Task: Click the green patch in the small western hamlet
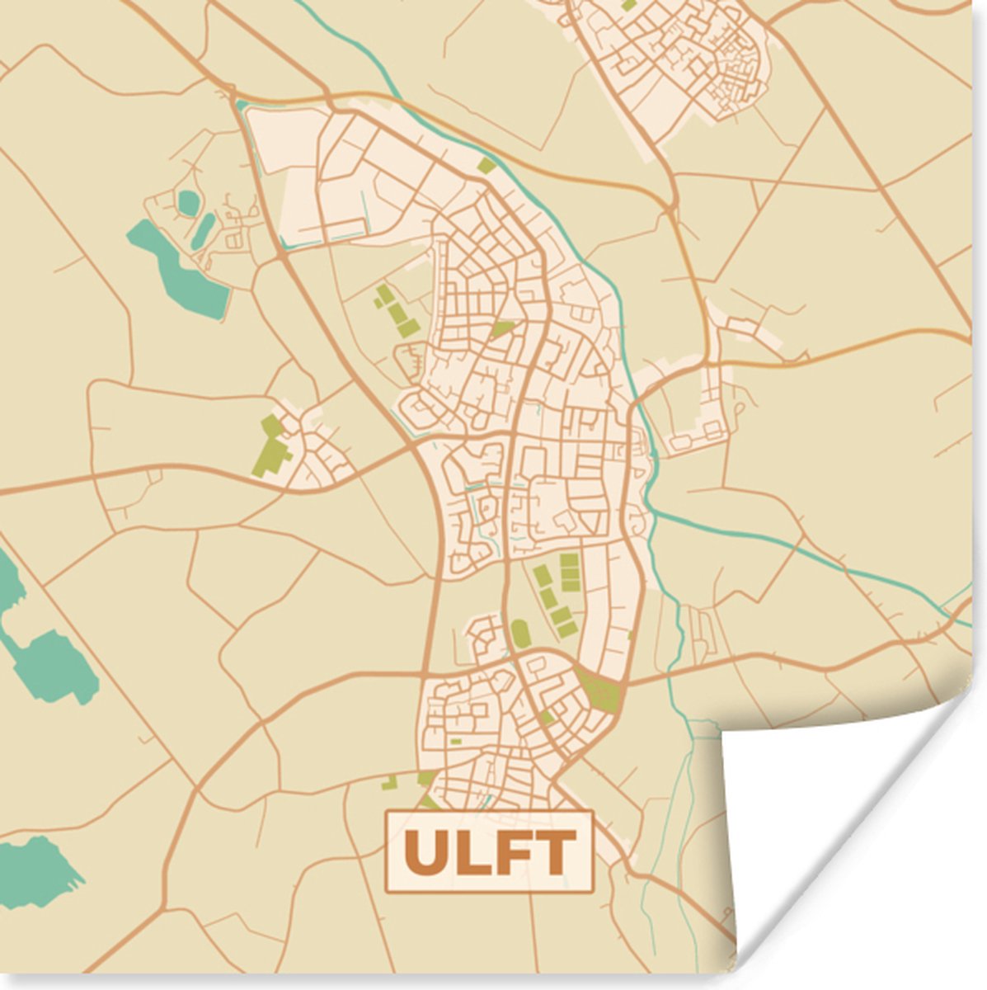point(270,450)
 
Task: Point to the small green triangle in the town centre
point(502,329)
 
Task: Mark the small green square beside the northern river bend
point(486,166)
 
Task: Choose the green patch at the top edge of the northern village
point(629,4)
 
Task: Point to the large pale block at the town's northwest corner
point(284,177)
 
